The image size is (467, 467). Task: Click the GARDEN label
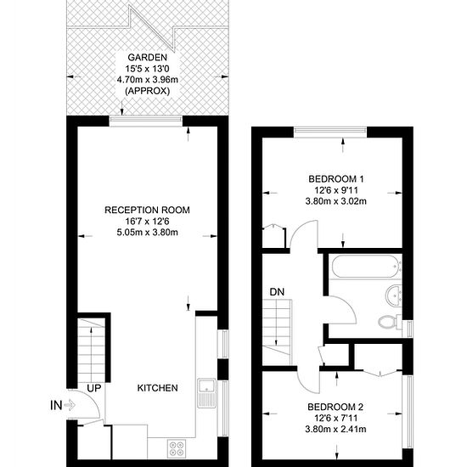click(x=148, y=57)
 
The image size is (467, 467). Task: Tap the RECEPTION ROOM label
click(x=147, y=210)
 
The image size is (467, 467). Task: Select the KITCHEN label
click(x=158, y=388)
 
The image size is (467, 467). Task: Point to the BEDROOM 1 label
click(x=336, y=179)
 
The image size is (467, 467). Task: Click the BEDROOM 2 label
click(x=335, y=407)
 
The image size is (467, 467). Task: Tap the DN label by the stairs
click(x=277, y=292)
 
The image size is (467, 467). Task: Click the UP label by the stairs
click(x=94, y=388)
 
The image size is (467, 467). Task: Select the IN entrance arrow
click(x=70, y=405)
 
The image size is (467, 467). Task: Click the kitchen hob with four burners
click(x=177, y=448)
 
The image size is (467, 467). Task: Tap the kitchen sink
click(x=206, y=393)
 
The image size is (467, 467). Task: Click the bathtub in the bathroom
click(x=365, y=267)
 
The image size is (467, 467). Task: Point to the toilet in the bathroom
click(x=390, y=322)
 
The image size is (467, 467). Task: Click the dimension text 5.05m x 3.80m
click(x=148, y=233)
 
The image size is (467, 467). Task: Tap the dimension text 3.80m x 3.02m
click(x=335, y=201)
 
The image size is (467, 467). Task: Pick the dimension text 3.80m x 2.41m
click(x=335, y=429)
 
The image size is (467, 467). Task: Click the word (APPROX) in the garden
click(x=148, y=91)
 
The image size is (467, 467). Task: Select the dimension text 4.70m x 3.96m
click(x=148, y=80)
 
